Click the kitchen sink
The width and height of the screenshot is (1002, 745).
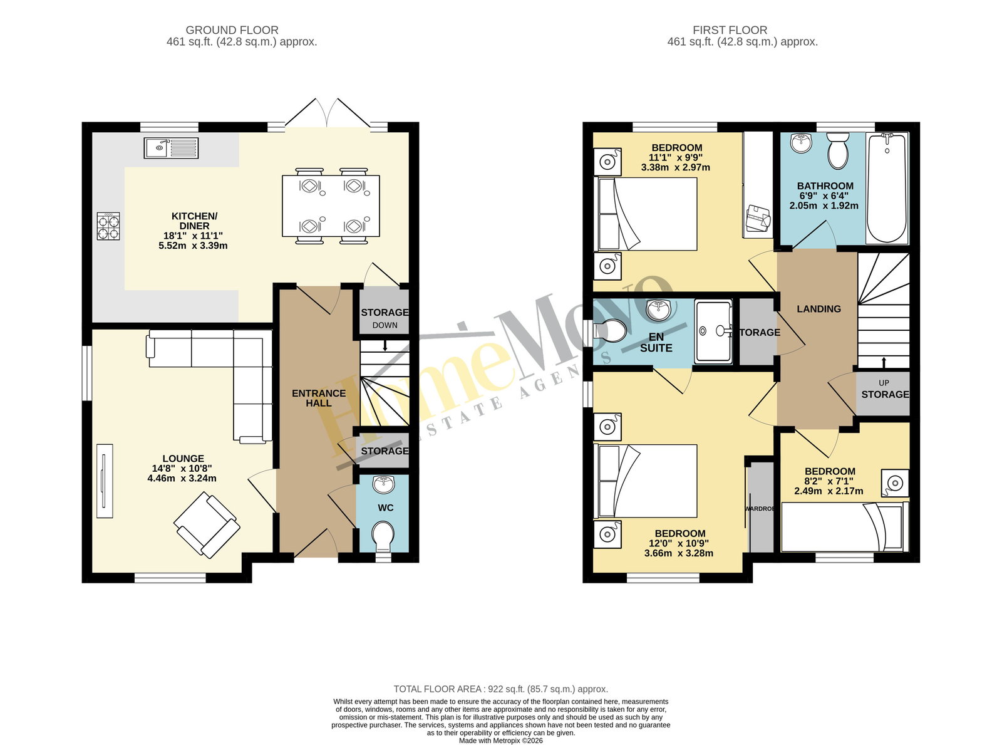(x=171, y=148)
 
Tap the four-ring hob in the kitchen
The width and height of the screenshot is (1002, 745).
(x=108, y=226)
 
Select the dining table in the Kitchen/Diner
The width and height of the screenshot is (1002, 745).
(x=331, y=206)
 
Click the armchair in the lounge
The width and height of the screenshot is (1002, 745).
(x=207, y=525)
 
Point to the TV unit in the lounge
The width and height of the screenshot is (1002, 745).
(x=105, y=481)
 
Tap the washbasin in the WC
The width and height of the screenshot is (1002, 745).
(x=383, y=484)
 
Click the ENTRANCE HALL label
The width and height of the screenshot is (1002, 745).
(x=319, y=398)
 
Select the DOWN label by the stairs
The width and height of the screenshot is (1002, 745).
(x=385, y=325)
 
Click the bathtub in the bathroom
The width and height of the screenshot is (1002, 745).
(x=887, y=188)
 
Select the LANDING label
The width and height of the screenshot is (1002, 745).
(x=819, y=309)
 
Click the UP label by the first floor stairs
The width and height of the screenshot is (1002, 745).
(x=884, y=383)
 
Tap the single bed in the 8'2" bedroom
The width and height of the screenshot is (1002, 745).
(x=845, y=527)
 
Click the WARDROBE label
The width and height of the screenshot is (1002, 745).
(x=760, y=509)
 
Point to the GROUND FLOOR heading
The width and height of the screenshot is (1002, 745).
(x=232, y=30)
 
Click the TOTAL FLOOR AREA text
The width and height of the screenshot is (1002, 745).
(x=500, y=689)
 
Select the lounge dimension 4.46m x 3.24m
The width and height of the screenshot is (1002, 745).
(x=182, y=478)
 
